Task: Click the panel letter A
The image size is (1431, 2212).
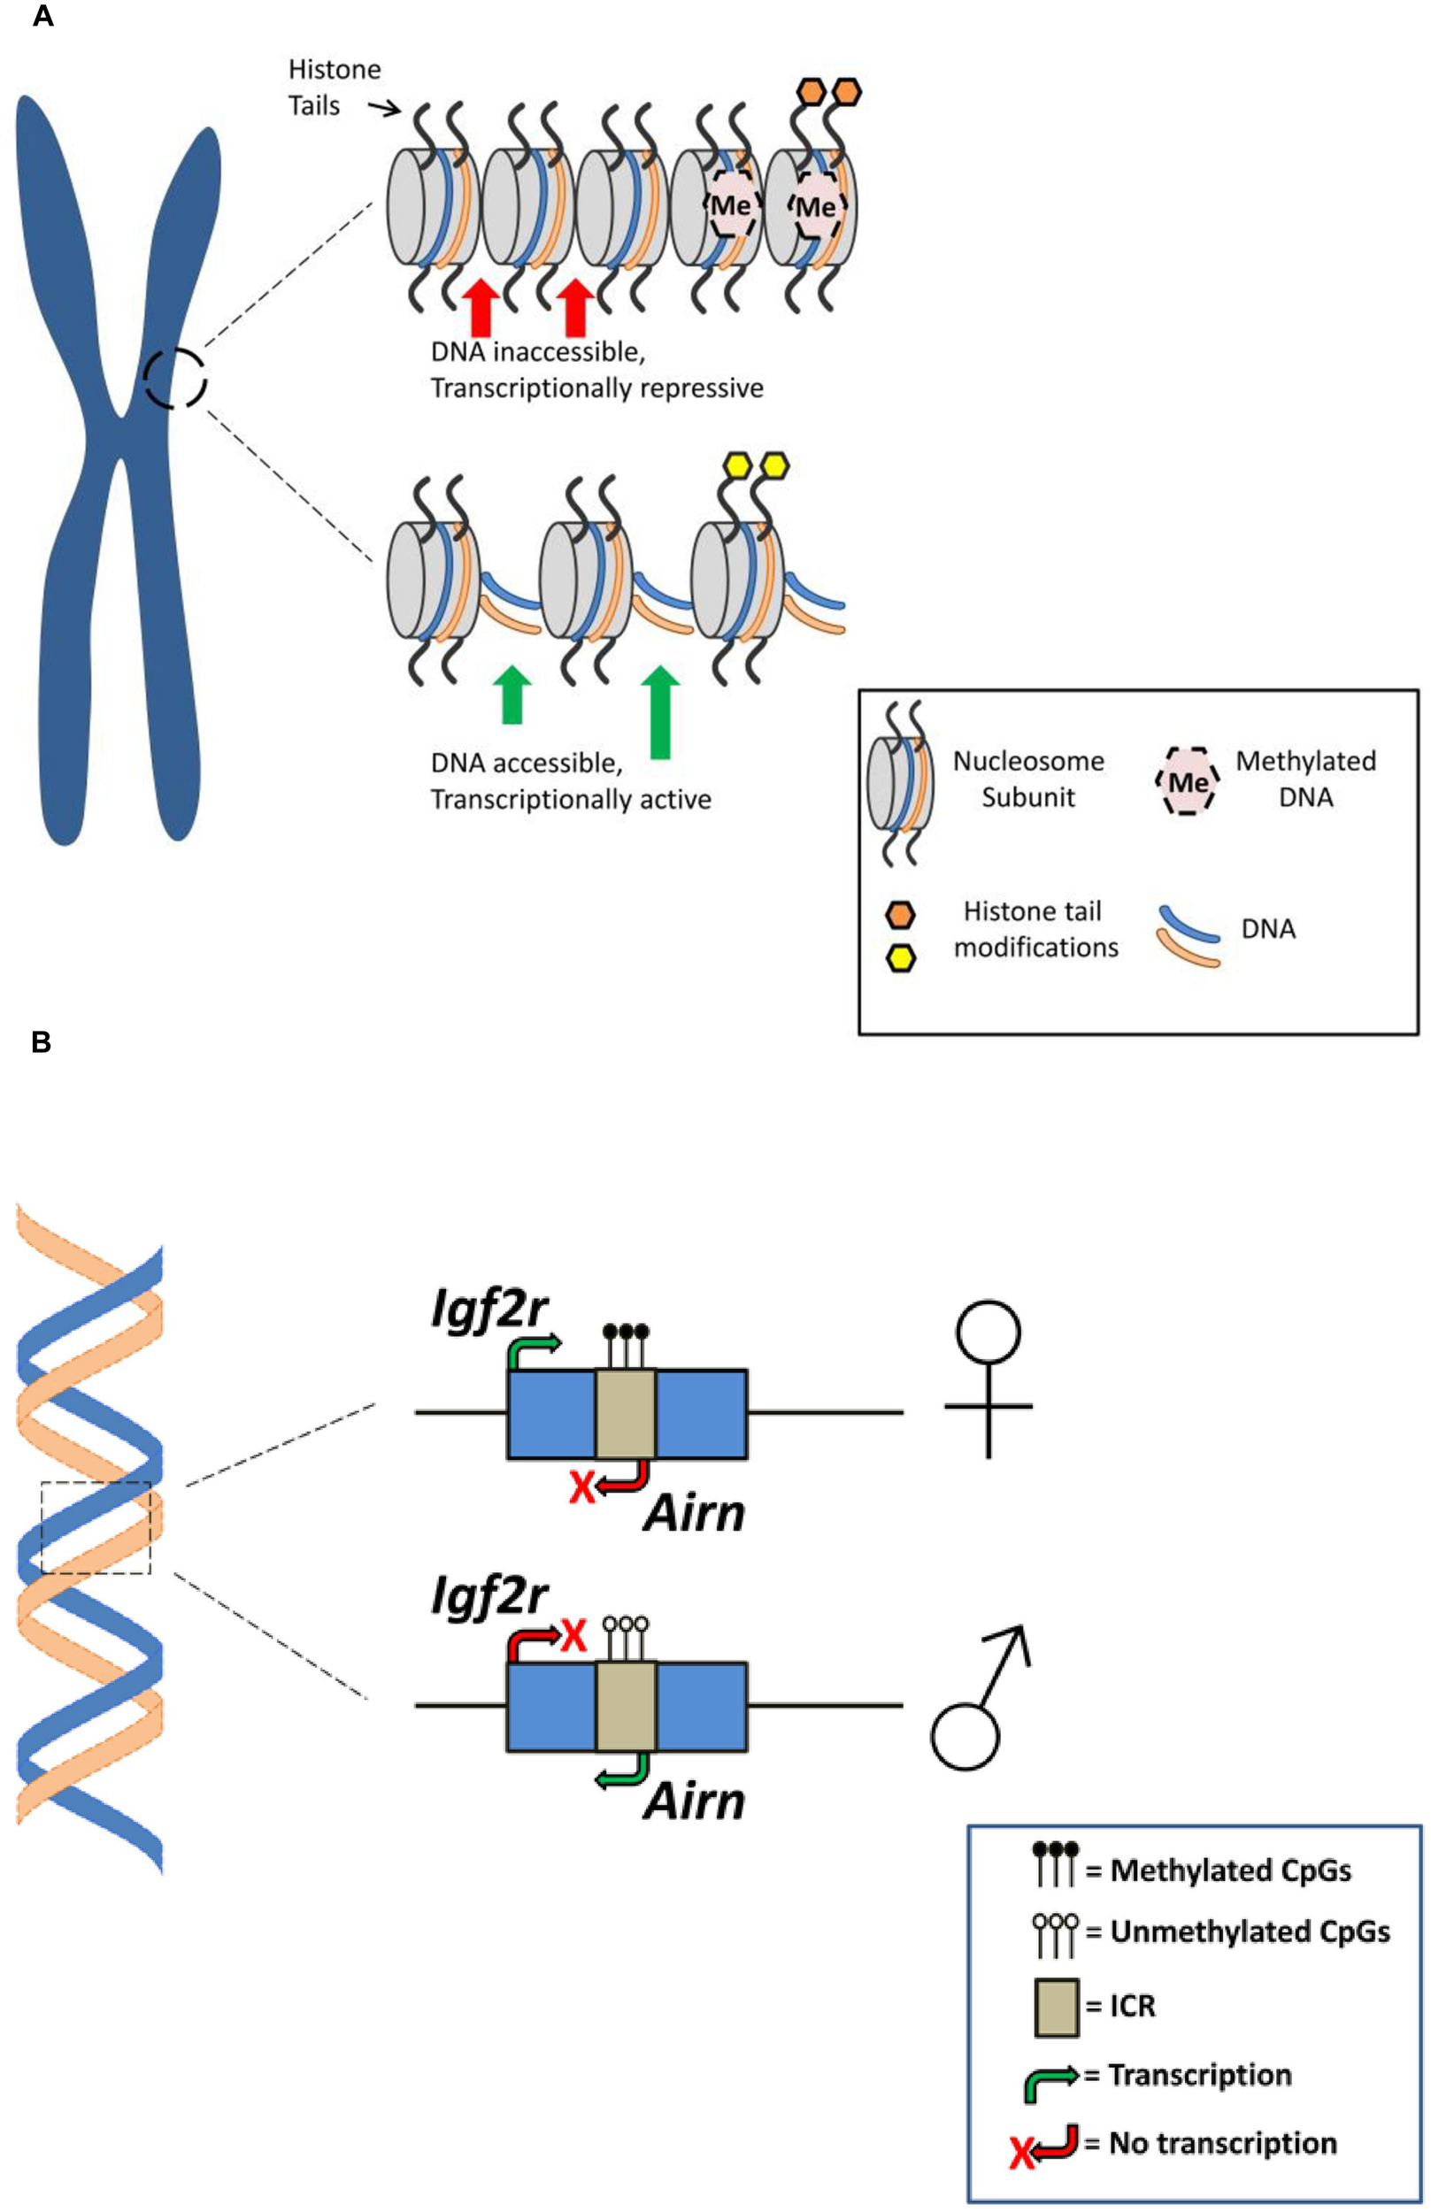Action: coord(42,17)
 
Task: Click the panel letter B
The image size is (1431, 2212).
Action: coord(41,1042)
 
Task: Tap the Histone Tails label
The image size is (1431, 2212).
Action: coord(334,88)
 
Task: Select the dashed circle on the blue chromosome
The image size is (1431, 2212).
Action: coord(174,378)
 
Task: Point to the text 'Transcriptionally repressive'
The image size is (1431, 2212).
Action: coord(596,388)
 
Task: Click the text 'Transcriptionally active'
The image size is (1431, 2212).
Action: coord(571,799)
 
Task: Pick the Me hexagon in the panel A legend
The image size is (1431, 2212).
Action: coord(1188,781)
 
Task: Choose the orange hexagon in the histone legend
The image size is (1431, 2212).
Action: coord(899,915)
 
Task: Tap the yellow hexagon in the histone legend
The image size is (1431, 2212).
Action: coord(899,958)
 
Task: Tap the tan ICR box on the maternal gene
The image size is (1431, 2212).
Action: coord(626,1413)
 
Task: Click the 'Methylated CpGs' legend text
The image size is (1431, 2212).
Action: coord(1230,1870)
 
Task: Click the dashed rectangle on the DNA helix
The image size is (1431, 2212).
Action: coord(96,1527)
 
